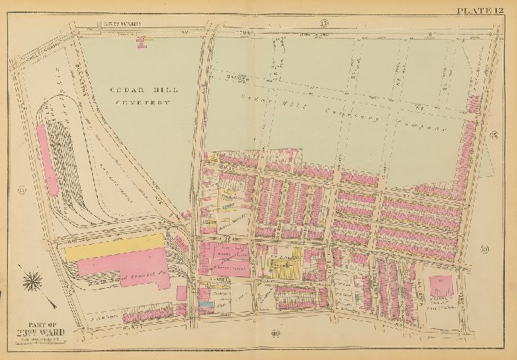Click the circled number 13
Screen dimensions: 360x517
tap(325, 25)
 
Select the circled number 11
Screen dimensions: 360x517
tap(22, 189)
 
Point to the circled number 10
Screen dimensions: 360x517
tap(275, 332)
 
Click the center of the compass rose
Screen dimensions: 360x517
tap(32, 282)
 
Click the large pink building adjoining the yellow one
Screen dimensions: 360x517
tap(137, 269)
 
